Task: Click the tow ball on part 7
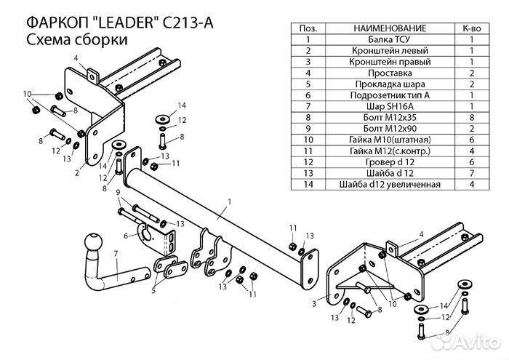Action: point(95,241)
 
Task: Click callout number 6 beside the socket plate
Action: point(125,235)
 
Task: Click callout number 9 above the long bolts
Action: point(116,191)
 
